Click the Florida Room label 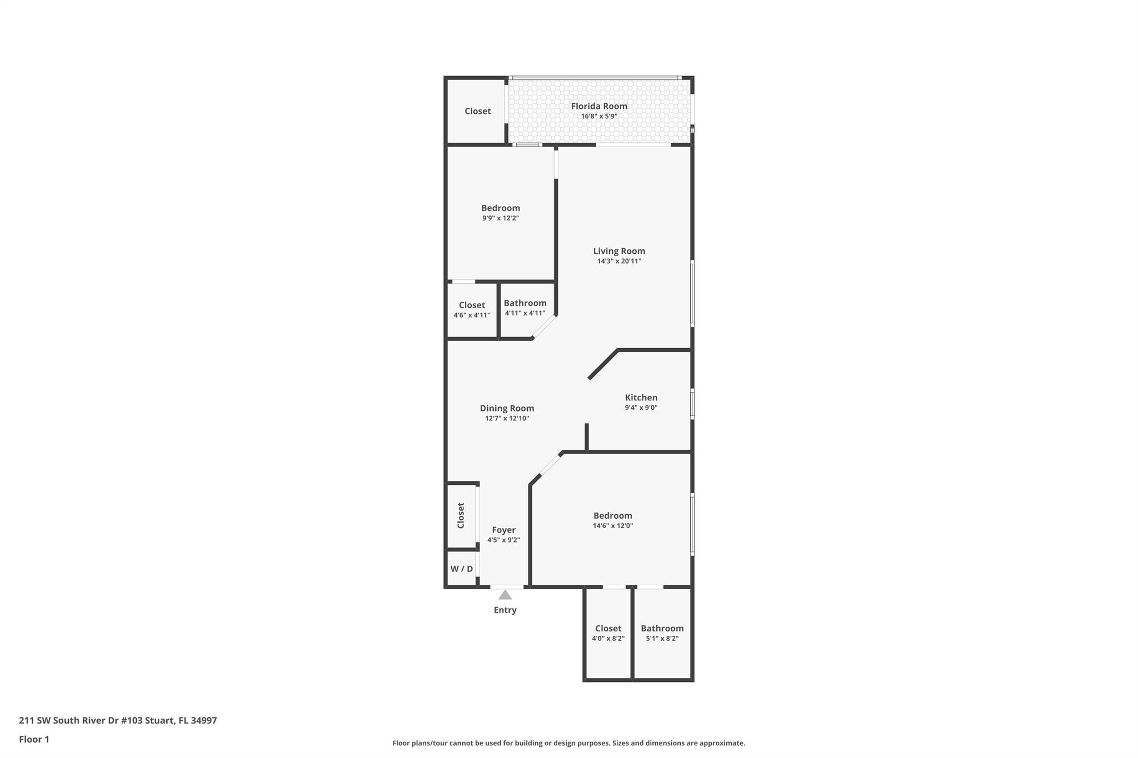click(x=599, y=106)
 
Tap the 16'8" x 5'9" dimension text click(x=599, y=117)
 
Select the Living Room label click(x=619, y=251)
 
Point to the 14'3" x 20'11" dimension click(x=619, y=261)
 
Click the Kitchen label click(x=641, y=398)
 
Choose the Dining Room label click(x=507, y=408)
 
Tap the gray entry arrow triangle click(x=505, y=595)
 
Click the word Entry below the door click(x=505, y=610)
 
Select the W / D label click(x=461, y=569)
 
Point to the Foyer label click(x=503, y=530)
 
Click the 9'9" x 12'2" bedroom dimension click(x=500, y=218)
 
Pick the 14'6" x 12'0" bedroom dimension click(x=612, y=526)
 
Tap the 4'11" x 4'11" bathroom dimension click(x=525, y=313)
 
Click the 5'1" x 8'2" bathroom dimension click(x=662, y=639)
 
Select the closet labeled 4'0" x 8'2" click(x=608, y=633)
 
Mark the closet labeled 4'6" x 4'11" click(x=472, y=309)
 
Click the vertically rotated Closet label click(x=461, y=515)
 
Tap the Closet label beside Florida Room click(x=477, y=111)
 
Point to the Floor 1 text click(x=34, y=739)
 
